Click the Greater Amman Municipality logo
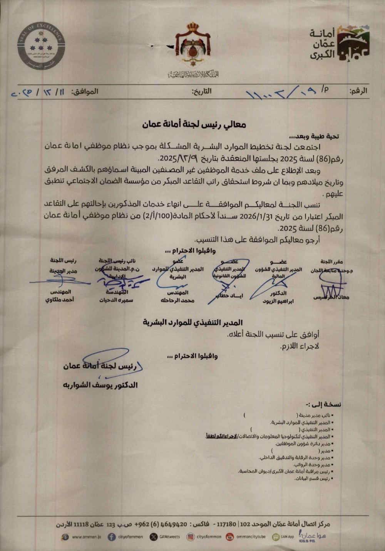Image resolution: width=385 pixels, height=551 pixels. click(x=339, y=43)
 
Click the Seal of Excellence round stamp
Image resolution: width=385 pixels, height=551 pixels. click(x=41, y=45)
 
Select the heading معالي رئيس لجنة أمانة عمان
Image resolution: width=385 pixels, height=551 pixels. click(x=194, y=124)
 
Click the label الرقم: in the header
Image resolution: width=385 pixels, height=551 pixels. click(x=358, y=91)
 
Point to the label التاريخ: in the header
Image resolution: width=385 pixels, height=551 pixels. click(x=202, y=91)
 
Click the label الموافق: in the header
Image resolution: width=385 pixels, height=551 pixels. click(x=85, y=91)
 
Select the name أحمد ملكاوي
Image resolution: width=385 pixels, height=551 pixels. click(x=60, y=300)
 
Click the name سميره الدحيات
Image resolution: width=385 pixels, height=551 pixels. click(x=116, y=300)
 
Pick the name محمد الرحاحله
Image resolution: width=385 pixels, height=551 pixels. click(x=177, y=300)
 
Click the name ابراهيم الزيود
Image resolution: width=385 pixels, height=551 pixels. click(x=278, y=301)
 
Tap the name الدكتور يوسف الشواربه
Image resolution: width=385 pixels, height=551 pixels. click(x=100, y=385)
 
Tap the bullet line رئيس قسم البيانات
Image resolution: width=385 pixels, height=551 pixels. click(x=313, y=479)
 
